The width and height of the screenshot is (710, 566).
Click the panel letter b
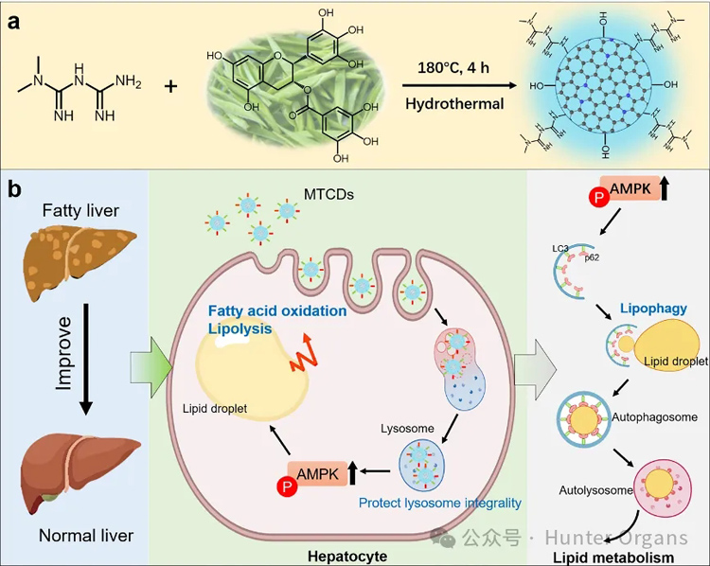pos(15,188)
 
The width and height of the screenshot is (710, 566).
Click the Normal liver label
pos(86,536)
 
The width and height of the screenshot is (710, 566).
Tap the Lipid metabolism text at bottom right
pos(626,558)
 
